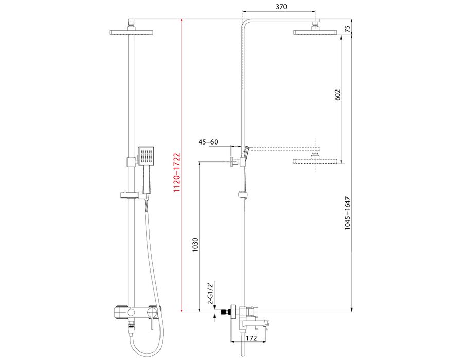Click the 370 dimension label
tap(281, 7)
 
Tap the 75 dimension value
tap(348, 29)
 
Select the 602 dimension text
tap(337, 95)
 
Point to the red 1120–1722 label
tap(176, 173)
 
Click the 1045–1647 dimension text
tap(347, 213)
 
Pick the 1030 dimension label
tap(195, 245)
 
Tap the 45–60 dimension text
tap(208, 142)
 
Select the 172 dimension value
tap(251, 338)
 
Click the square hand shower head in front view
tap(147, 155)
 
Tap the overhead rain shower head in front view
tap(131, 32)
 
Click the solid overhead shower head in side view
tap(315, 32)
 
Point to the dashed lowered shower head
tap(315, 161)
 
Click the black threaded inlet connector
tap(226, 312)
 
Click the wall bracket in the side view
tap(235, 161)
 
